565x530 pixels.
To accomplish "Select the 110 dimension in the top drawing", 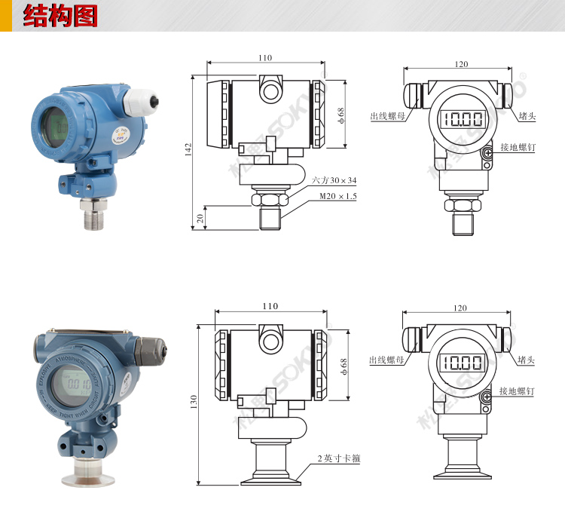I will coord(265,58).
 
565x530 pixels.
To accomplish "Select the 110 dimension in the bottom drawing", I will coord(270,306).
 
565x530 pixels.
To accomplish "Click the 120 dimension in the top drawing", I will coord(460,64).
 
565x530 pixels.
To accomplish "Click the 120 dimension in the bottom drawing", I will coord(460,308).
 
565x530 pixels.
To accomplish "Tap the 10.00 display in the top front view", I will coord(463,119).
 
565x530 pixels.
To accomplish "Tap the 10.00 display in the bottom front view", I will coord(462,363).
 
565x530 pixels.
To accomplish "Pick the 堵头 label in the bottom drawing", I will coord(526,361).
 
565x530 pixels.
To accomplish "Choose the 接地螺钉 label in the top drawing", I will coord(517,149).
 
